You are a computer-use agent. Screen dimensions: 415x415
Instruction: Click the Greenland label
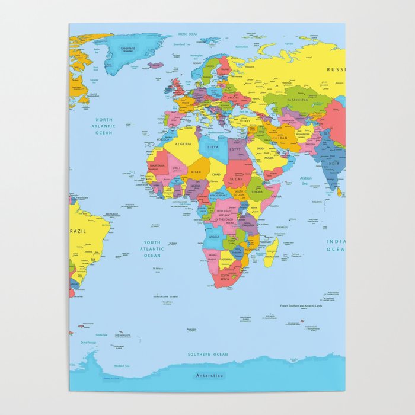(x=127, y=48)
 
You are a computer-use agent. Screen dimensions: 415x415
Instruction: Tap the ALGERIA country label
(x=183, y=143)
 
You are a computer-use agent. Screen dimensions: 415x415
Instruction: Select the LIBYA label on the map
(x=213, y=146)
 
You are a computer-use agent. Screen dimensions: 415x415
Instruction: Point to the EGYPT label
(x=236, y=149)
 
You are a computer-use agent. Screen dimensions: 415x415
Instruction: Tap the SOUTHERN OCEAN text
(x=207, y=354)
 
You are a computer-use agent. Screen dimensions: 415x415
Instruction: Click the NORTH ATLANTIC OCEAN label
(x=104, y=126)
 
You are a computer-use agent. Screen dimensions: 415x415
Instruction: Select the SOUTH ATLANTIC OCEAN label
(x=152, y=248)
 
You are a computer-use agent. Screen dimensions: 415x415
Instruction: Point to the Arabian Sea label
(x=306, y=181)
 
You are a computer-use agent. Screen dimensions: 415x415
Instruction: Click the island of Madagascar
(x=271, y=251)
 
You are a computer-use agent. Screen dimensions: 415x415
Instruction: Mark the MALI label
(x=176, y=168)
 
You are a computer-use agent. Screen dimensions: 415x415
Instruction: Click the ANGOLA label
(x=215, y=237)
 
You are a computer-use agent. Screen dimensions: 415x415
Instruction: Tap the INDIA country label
(x=334, y=163)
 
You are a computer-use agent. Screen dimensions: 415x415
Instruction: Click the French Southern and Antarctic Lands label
(x=301, y=306)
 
